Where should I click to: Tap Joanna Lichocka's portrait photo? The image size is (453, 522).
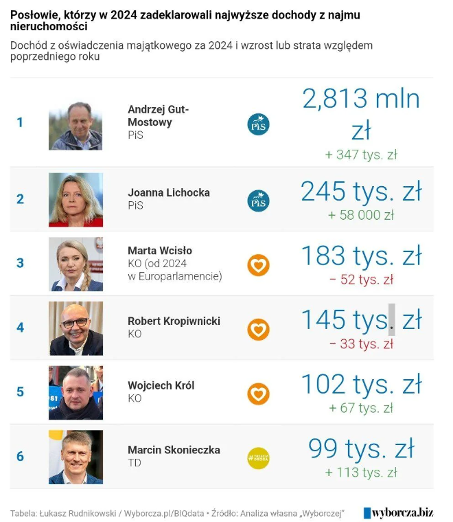[75, 199]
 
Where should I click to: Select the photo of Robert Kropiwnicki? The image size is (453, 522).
[75, 328]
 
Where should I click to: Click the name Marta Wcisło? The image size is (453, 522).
[160, 250]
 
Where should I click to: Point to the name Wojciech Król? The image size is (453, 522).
[161, 385]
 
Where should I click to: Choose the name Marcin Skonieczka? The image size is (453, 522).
[174, 450]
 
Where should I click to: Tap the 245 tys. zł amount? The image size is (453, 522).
[361, 192]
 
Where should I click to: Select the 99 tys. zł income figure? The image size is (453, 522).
[361, 449]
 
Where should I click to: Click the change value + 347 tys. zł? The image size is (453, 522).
[361, 155]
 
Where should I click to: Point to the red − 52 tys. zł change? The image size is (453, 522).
[361, 280]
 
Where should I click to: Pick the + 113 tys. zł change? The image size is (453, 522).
[361, 473]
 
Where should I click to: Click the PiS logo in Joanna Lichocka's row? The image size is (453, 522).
[258, 201]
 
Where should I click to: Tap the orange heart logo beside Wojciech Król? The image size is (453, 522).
[258, 394]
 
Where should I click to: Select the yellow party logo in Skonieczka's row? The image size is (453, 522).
[258, 458]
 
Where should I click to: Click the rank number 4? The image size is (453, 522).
[21, 328]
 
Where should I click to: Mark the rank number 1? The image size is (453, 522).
[21, 123]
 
